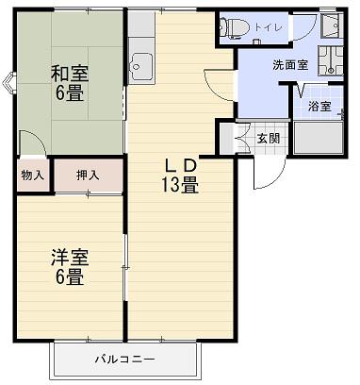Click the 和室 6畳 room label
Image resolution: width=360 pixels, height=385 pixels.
[70, 82]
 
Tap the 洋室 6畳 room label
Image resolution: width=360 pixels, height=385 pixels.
[70, 267]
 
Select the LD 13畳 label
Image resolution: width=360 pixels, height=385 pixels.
[180, 176]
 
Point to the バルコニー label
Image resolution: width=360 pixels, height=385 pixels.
[125, 360]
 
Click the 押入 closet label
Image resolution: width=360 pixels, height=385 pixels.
[88, 176]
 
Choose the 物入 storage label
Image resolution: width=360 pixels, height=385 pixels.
[32, 176]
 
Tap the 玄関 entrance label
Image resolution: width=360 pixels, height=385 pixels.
[269, 138]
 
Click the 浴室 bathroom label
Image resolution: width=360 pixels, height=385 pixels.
[319, 107]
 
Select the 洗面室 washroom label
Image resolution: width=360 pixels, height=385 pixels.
[290, 65]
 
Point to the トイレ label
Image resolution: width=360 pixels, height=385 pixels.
[269, 27]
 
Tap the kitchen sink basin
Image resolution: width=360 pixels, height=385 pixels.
[141, 66]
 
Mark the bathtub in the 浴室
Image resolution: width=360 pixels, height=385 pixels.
[319, 138]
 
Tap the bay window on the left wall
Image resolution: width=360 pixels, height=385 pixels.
[9, 83]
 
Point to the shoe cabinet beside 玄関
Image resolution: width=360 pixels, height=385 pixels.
[227, 139]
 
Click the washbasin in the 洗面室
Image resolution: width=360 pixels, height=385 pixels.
[330, 61]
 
